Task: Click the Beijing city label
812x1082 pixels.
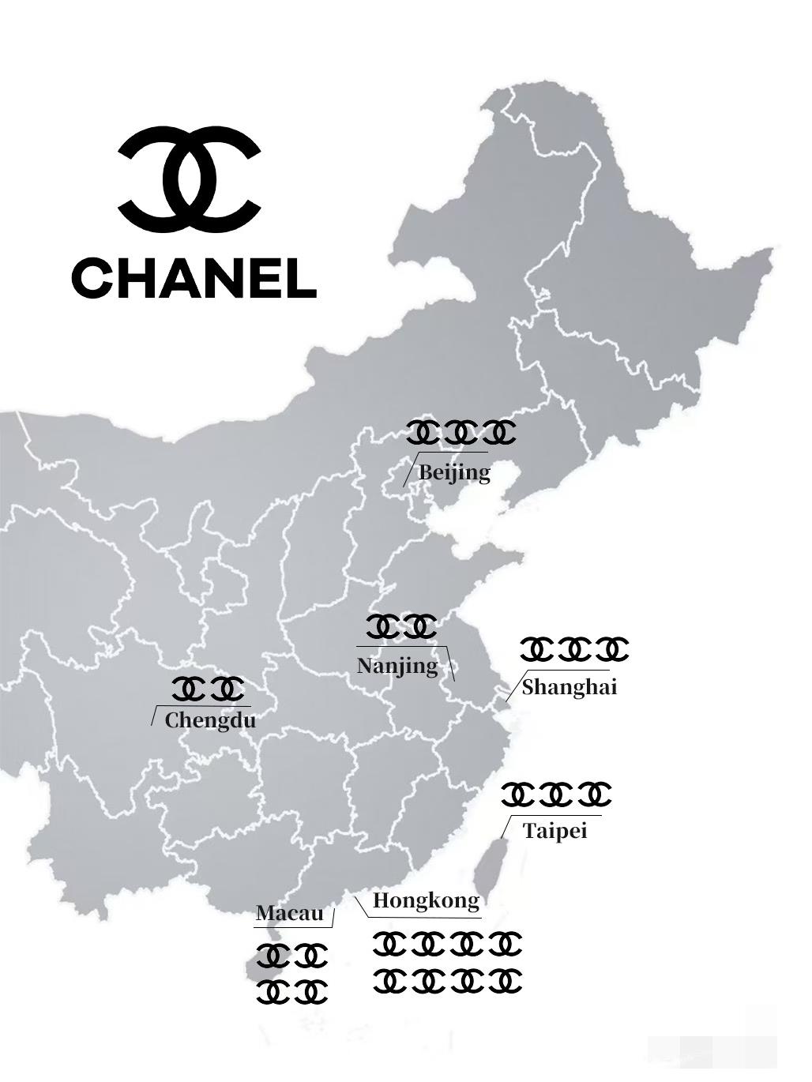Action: [x=454, y=473]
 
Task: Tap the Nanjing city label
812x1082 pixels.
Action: [x=397, y=666]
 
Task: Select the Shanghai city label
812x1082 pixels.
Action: [x=569, y=687]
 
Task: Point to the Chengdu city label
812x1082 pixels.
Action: [x=210, y=720]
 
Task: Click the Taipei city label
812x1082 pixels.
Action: [x=554, y=831]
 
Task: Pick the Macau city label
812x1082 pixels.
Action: [x=289, y=914]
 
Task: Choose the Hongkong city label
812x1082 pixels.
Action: [x=426, y=900]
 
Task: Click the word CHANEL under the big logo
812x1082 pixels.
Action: [x=194, y=278]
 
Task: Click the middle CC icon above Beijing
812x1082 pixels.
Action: [x=461, y=433]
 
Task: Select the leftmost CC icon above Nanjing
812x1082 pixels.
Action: [x=383, y=627]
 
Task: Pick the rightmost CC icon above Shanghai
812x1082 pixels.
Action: [x=612, y=650]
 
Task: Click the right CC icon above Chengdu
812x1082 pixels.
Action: [x=228, y=689]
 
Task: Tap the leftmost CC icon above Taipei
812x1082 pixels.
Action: [x=518, y=795]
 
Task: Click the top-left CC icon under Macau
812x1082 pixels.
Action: [x=273, y=956]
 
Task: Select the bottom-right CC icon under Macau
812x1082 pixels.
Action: [x=311, y=992]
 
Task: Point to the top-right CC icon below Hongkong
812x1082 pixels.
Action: [x=505, y=944]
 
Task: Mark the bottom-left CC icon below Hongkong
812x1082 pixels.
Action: [x=389, y=982]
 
